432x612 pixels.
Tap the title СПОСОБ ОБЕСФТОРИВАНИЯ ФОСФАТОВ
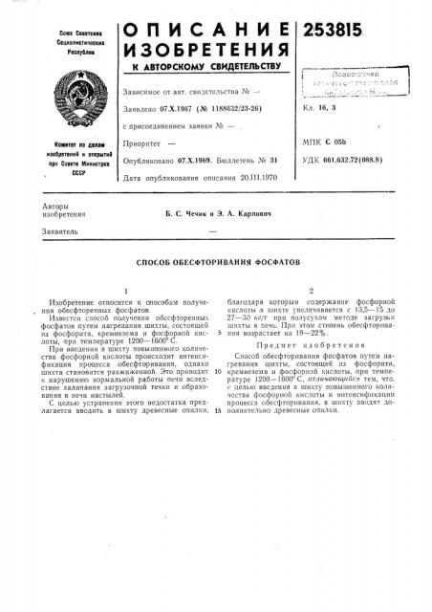(x=216, y=261)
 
